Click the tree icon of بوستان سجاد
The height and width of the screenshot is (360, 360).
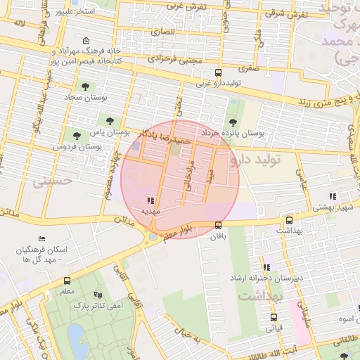(x=85, y=87)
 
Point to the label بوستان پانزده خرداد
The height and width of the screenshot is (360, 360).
(x=232, y=132)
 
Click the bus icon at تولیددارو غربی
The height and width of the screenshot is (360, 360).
(x=219, y=73)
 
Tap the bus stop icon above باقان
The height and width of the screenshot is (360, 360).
(x=219, y=225)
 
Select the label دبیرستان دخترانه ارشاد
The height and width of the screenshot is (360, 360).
(x=268, y=278)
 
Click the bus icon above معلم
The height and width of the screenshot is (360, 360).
(x=67, y=281)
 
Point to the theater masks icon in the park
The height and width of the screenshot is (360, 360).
(x=98, y=295)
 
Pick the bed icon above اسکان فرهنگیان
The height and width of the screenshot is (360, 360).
(x=41, y=239)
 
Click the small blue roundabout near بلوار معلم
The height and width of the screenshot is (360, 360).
(x=153, y=237)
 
